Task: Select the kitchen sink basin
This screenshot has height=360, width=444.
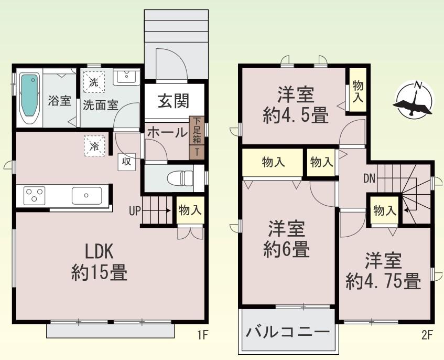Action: point(86,195)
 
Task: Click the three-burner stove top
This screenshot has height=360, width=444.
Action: point(34,195)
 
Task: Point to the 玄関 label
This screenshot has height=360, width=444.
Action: point(174,101)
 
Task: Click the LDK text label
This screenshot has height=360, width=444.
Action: point(99,251)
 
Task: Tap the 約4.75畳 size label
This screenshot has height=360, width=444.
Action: point(383,281)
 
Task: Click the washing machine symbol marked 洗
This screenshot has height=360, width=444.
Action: point(94,82)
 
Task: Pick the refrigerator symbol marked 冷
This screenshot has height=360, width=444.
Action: point(94,146)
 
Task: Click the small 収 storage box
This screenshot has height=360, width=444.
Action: point(126,162)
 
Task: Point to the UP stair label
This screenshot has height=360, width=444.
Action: point(135,211)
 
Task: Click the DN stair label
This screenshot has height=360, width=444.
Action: point(369,178)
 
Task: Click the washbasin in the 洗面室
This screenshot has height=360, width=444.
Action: point(126,76)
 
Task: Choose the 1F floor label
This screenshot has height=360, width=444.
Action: point(203,335)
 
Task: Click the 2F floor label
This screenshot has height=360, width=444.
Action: point(427,335)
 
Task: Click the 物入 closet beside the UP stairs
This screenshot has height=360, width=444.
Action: point(190,210)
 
